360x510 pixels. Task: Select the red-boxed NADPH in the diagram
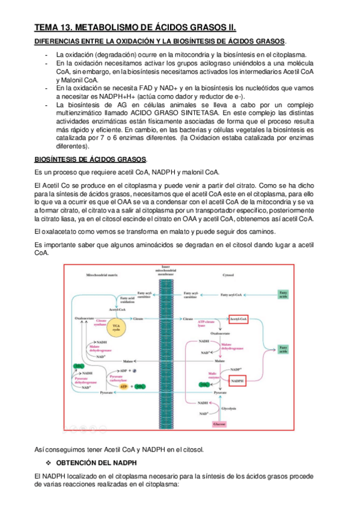237,381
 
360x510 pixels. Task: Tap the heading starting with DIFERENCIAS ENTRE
159,41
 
